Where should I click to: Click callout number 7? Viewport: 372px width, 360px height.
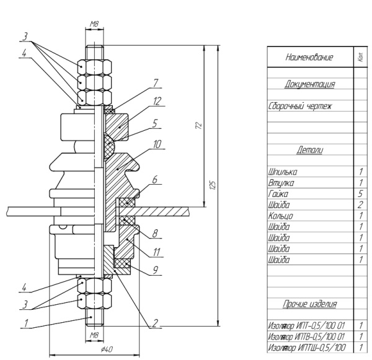pos(157,82)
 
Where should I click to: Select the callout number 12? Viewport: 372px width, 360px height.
pos(158,100)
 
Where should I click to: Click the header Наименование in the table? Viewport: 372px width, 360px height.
pos(309,58)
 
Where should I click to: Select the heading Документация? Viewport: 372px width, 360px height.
pos(310,84)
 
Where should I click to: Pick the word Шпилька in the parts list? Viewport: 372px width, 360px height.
pos(283,172)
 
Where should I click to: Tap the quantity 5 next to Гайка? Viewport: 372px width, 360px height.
pos(360,193)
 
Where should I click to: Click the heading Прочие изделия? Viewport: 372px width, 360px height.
pos(310,304)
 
